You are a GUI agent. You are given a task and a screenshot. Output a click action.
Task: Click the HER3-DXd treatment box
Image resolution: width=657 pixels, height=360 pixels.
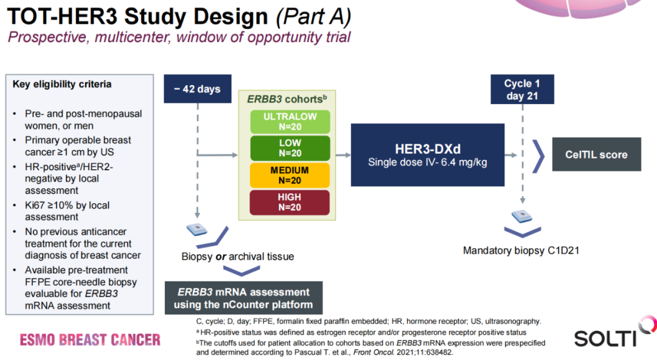point(427,155)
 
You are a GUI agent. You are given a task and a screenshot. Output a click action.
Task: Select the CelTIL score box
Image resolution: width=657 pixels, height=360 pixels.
point(596,155)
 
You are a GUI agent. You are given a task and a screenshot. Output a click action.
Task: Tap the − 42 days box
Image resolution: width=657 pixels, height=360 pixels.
point(196,89)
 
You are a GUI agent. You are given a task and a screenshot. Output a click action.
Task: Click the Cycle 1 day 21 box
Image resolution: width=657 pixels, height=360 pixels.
point(521,89)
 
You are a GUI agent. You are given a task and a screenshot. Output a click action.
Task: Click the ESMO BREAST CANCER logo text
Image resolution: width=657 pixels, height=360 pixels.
point(90,339)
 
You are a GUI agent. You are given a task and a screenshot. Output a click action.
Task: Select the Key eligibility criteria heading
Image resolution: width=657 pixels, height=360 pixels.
point(62,85)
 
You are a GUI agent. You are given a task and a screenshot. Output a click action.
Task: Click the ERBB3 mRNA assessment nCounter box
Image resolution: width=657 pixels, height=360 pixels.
point(243,298)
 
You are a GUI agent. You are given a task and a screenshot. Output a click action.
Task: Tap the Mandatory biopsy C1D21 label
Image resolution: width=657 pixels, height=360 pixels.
point(520,251)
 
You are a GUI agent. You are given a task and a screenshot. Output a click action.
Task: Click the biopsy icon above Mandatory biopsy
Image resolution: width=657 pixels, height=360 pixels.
point(521,216)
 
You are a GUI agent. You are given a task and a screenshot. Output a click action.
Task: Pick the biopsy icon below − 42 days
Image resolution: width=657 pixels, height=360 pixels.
point(196,229)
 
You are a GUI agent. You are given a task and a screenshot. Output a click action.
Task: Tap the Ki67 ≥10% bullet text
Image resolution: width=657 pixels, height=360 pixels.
point(67,211)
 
